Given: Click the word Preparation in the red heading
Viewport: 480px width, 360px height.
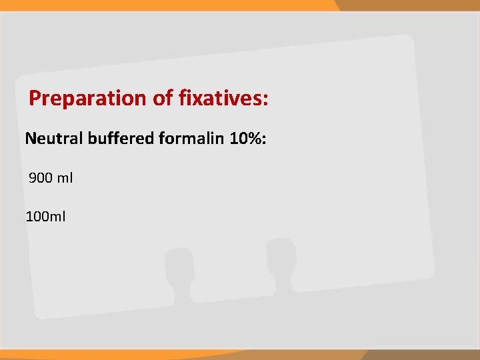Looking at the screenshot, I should click(89, 99).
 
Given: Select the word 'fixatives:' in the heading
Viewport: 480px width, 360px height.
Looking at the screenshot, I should click(224, 99).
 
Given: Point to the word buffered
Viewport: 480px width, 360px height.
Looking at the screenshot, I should click(123, 139).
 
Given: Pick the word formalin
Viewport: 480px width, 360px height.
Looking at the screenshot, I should click(193, 139).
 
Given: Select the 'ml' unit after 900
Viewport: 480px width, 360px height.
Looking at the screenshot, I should click(65, 178).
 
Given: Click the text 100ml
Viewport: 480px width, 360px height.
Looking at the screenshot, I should click(45, 216).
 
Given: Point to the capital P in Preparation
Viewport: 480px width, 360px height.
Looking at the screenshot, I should click(35, 99).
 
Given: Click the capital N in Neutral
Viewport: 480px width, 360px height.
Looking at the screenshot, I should click(31, 139).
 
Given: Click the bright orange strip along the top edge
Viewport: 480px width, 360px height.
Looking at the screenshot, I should click(167, 5).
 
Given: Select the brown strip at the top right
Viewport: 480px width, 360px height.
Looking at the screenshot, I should click(407, 5).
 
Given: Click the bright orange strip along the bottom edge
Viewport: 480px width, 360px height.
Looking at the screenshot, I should click(167, 355).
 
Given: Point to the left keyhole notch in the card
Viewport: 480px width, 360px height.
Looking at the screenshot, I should click(179, 273).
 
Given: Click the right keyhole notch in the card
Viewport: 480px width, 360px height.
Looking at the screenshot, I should click(280, 263).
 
